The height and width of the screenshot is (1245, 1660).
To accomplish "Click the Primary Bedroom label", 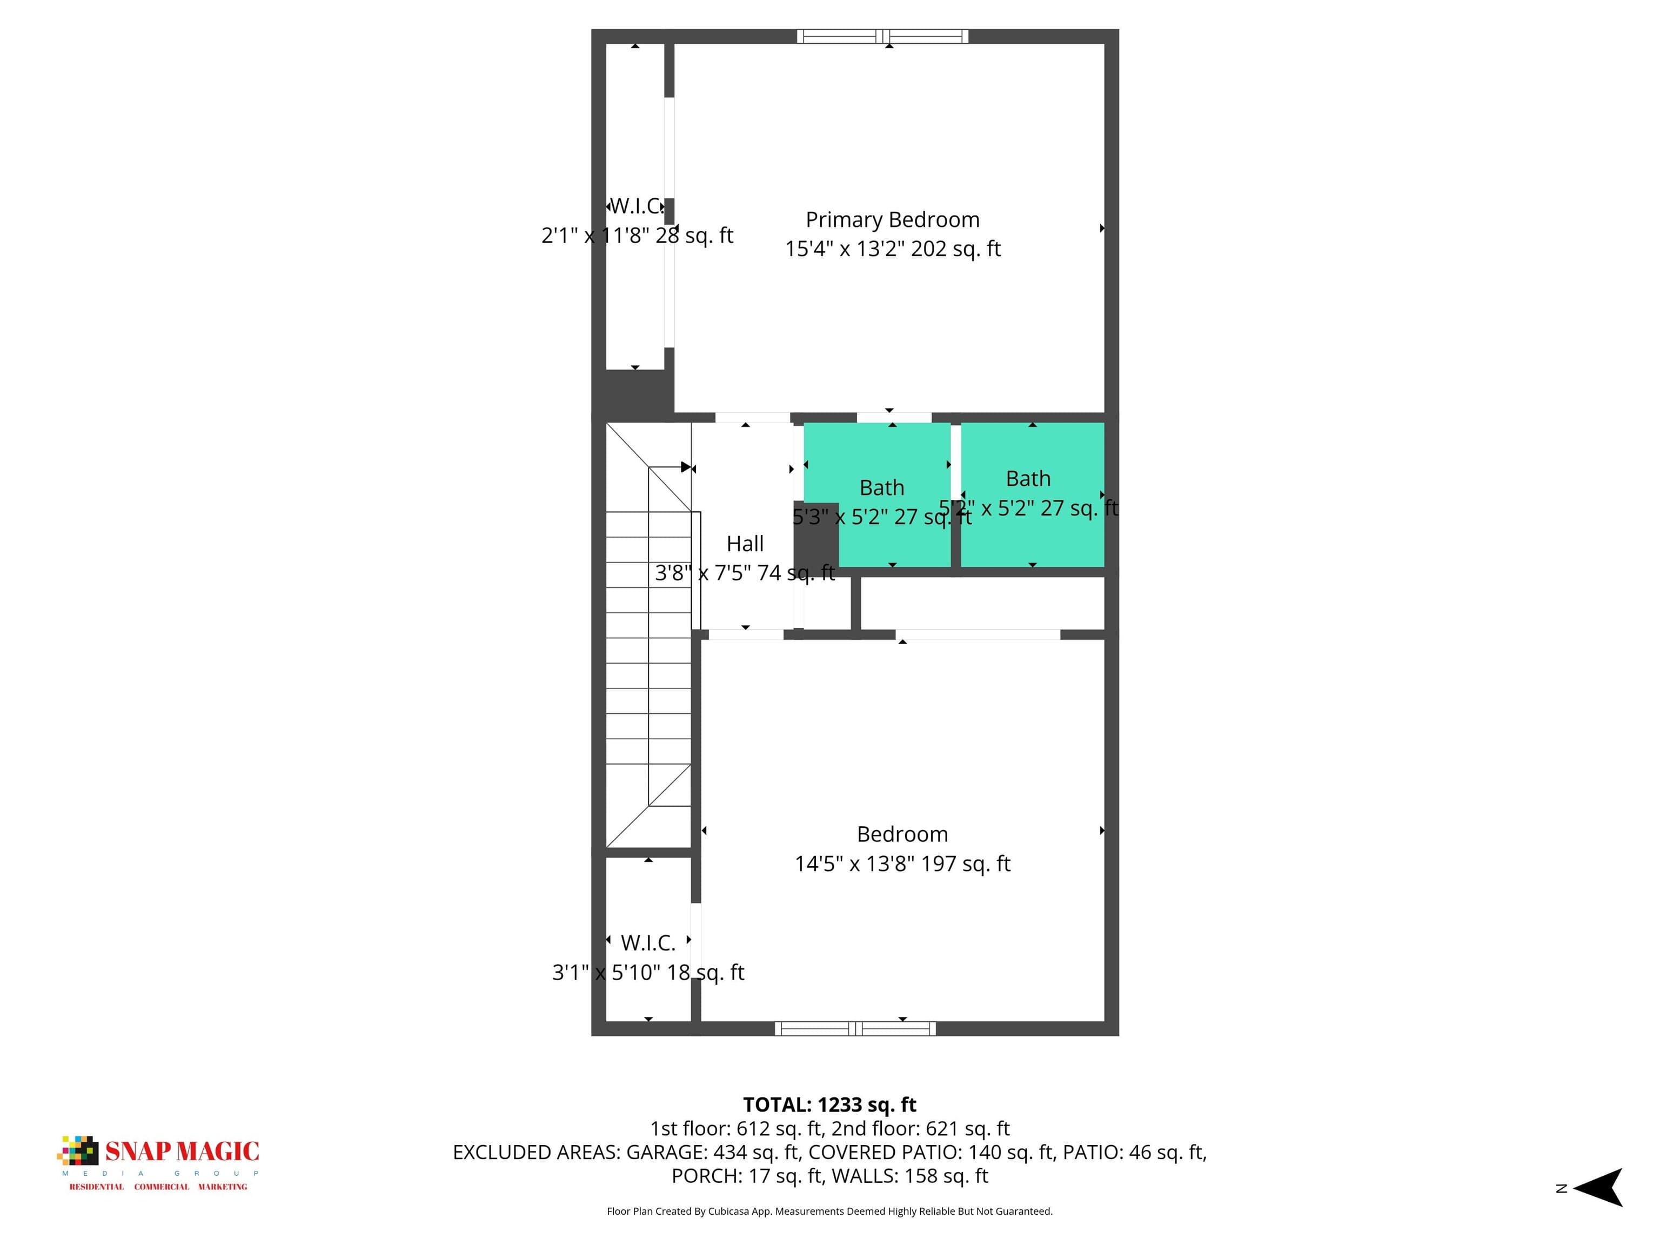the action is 892,220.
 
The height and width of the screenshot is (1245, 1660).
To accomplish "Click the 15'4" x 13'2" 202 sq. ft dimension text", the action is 892,249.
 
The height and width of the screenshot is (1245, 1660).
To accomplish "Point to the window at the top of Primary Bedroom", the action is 882,36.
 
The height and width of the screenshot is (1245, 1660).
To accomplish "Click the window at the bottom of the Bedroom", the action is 855,1028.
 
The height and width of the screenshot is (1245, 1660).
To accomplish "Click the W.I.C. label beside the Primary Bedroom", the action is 637,206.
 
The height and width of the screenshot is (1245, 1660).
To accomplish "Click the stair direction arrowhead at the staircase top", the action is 685,467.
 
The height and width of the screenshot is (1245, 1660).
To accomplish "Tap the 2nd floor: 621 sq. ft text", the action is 920,1129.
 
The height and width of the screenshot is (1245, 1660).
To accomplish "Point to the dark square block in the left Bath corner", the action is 816,534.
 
